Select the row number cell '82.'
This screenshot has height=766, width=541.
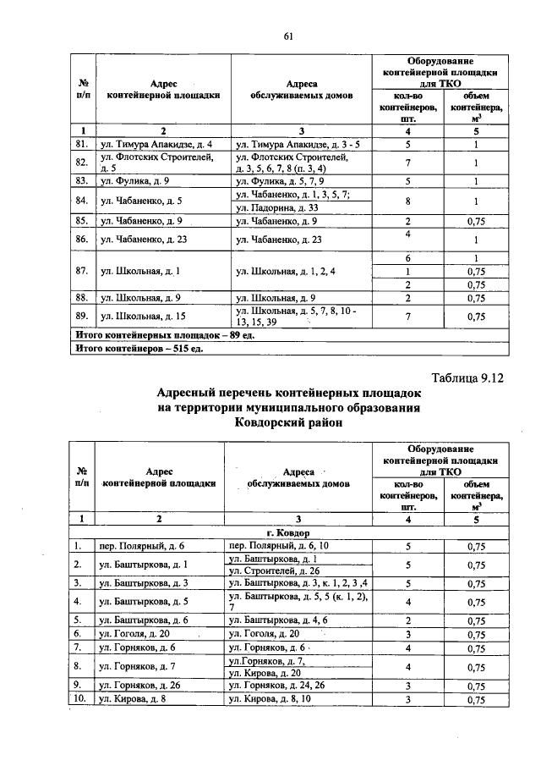pos(83,163)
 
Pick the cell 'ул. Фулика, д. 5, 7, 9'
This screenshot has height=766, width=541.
pos(280,181)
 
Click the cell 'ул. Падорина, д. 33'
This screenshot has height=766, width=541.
pos(277,208)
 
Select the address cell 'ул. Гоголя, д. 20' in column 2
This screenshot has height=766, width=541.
pos(135,633)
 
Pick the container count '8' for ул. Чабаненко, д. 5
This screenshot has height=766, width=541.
pos(408,201)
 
